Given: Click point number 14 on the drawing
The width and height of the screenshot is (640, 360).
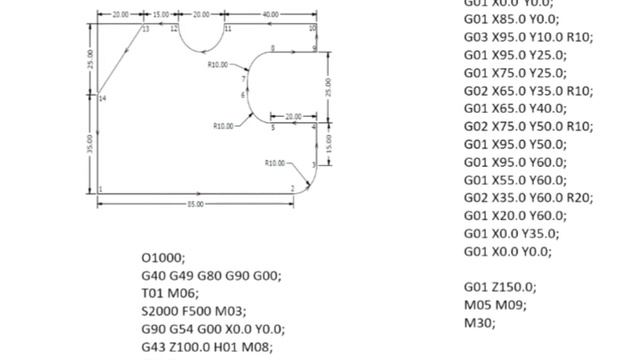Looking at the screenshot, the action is click(x=103, y=98).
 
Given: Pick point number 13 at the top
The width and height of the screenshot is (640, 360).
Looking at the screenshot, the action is click(x=145, y=30).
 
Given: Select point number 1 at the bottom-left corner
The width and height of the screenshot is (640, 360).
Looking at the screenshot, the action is click(x=101, y=188).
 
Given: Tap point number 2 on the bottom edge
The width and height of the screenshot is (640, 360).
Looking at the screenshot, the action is click(x=293, y=188).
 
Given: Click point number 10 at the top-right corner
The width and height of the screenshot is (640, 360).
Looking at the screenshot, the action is click(x=312, y=29).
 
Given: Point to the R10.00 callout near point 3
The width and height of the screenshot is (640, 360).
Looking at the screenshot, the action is click(x=274, y=162).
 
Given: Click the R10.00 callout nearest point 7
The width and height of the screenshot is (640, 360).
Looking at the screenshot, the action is click(x=217, y=64).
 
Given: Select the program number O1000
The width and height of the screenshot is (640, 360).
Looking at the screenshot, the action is click(x=163, y=257).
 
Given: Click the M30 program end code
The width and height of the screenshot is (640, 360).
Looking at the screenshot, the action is click(x=479, y=323).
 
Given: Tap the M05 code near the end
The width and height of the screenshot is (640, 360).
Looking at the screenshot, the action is click(x=479, y=305).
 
